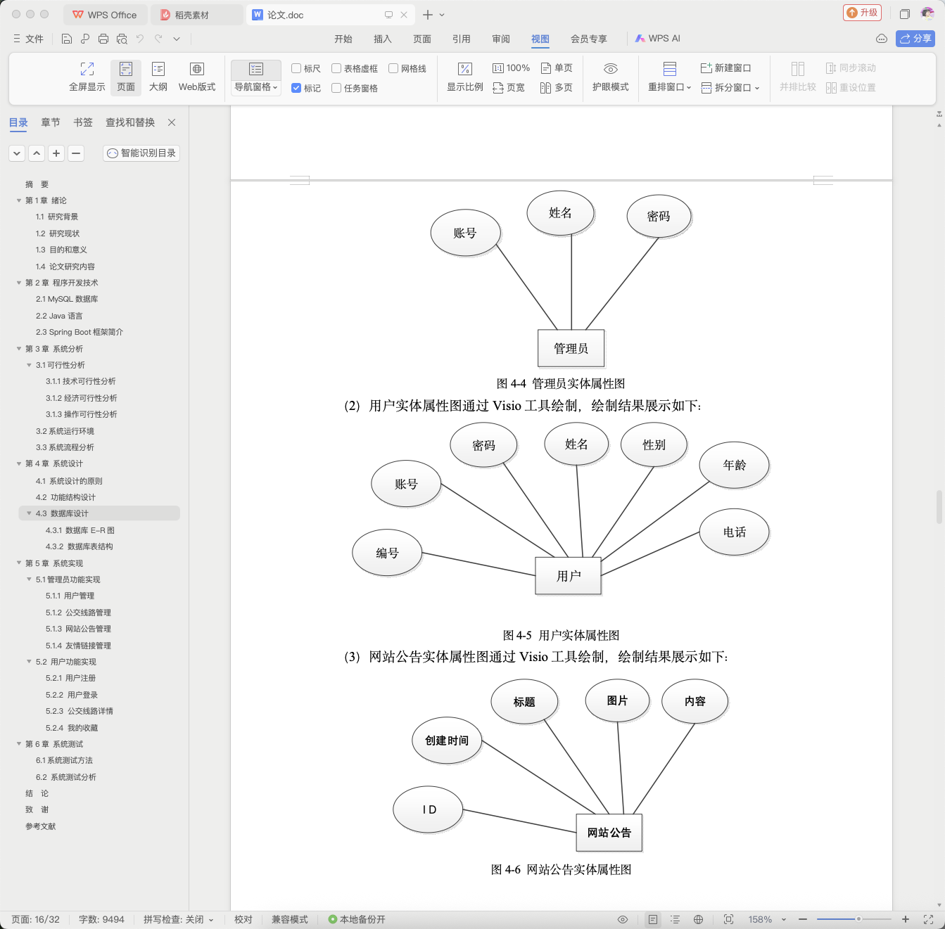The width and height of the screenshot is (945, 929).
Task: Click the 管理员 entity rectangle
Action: pyautogui.click(x=571, y=348)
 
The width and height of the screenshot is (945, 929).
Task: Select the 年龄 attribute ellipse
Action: pyautogui.click(x=734, y=465)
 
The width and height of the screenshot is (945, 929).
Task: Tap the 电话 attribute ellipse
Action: pyautogui.click(x=734, y=532)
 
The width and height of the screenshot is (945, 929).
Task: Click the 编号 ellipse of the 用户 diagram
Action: pyautogui.click(x=387, y=553)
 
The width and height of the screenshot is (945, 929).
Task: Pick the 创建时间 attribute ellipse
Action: pyautogui.click(x=446, y=741)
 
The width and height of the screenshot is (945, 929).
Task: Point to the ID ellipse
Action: pyautogui.click(x=428, y=809)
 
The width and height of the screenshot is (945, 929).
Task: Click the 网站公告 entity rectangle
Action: pyautogui.click(x=609, y=833)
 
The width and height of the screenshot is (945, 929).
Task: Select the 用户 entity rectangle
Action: pyautogui.click(x=568, y=575)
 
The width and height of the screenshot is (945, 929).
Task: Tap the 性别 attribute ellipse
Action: pyautogui.click(x=654, y=444)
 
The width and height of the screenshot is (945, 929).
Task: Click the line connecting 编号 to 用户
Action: pyautogui.click(x=478, y=564)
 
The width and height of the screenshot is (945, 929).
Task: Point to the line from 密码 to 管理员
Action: pyautogui.click(x=622, y=283)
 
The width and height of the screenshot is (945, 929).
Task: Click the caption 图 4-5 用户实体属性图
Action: pyautogui.click(x=561, y=635)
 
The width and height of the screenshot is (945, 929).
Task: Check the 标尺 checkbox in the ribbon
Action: pyautogui.click(x=296, y=68)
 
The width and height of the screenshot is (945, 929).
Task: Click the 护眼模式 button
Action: pyautogui.click(x=610, y=77)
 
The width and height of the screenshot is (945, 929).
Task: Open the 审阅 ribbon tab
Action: pyautogui.click(x=501, y=39)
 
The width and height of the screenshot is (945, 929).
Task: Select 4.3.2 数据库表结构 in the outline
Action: pyautogui.click(x=79, y=546)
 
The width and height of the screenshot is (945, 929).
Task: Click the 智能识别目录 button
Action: pyautogui.click(x=141, y=153)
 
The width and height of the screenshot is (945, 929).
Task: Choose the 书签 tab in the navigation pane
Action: pyautogui.click(x=83, y=122)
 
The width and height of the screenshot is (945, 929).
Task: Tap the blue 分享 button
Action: pyautogui.click(x=915, y=39)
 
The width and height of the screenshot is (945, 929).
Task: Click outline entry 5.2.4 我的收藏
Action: pyautogui.click(x=72, y=727)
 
